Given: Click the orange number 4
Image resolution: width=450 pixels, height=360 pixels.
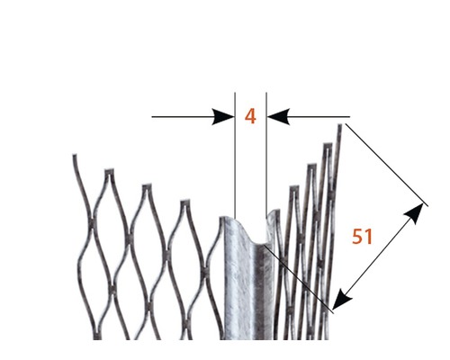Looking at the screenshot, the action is pos(250,117).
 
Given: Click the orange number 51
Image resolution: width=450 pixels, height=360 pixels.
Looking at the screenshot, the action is pos(362,237).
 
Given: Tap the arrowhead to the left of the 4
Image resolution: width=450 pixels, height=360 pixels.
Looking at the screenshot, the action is pos(223,117).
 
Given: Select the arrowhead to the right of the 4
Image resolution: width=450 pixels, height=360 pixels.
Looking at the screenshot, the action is pos(278,117).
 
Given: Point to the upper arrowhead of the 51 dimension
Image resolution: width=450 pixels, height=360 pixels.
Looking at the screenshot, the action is pos(416,214).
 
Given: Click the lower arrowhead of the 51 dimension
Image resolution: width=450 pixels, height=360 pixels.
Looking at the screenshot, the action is pos(342,299).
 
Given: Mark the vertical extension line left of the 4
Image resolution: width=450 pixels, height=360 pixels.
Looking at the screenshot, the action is pos(235,156).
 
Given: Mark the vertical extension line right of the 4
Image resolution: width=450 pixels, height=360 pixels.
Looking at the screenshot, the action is pos(266,154).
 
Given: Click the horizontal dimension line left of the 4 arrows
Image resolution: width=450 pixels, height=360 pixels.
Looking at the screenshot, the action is pos(182,117).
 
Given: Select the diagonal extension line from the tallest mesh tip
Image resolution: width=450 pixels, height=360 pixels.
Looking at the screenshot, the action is pos(387,165).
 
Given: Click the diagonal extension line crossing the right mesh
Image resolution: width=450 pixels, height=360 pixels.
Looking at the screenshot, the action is pos(299,279).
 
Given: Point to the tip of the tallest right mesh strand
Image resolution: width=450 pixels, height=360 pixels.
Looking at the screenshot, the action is pos(340,125).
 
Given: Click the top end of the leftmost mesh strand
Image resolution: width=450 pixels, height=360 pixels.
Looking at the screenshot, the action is pos(74,156).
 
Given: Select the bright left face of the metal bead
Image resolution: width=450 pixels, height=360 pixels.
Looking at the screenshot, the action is pos(238,282).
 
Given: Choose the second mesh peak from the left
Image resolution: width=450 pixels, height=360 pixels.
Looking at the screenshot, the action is pos(109,172).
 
